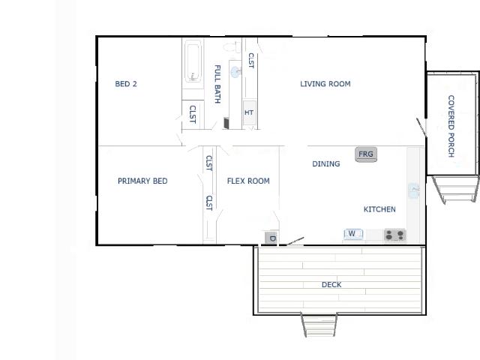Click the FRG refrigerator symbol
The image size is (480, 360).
pyautogui.click(x=366, y=154)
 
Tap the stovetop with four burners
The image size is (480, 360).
pyautogui.click(x=395, y=235)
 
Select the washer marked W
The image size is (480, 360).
pyautogui.click(x=353, y=234)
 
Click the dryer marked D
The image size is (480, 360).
pyautogui.click(x=271, y=238)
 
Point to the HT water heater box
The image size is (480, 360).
pyautogui.click(x=250, y=112)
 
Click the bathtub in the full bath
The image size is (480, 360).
pyautogui.click(x=193, y=61)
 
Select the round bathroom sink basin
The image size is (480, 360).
pyautogui.click(x=235, y=72)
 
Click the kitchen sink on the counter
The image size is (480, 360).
pyautogui.click(x=414, y=190)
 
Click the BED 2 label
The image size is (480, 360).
pyautogui.click(x=126, y=84)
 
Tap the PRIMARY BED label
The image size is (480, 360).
pyautogui.click(x=142, y=181)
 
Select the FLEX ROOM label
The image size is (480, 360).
pyautogui.click(x=248, y=181)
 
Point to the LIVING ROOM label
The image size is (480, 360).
pyautogui.click(x=325, y=84)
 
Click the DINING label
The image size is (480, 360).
pyautogui.click(x=326, y=163)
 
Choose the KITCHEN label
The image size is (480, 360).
pyautogui.click(x=379, y=209)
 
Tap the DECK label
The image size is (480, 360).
pyautogui.click(x=331, y=285)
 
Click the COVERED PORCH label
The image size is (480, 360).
pyautogui.click(x=451, y=126)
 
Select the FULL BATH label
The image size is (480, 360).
pyautogui.click(x=217, y=84)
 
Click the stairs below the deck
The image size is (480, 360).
pyautogui.click(x=319, y=325)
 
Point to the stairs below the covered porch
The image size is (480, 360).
pyautogui.click(x=455, y=189)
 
